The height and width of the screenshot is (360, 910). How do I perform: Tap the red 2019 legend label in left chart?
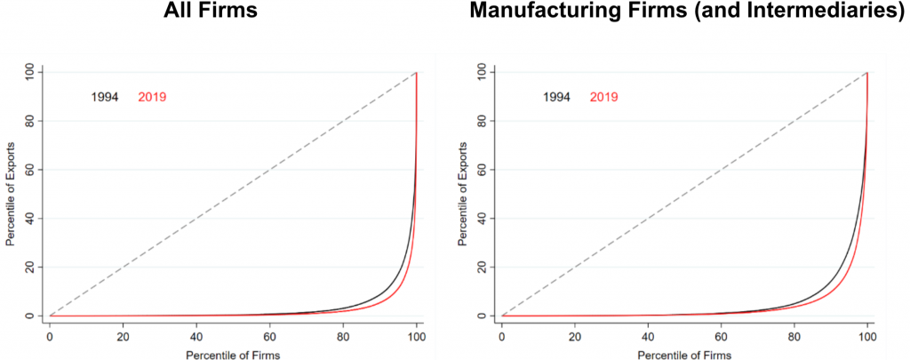152,97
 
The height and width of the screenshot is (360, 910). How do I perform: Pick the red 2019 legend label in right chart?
604,97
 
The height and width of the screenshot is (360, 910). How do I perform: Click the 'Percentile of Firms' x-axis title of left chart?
233,354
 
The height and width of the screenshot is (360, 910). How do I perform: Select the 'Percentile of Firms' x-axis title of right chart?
684,354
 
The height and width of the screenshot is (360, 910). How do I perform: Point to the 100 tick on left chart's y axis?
32,71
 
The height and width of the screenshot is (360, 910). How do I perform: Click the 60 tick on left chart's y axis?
32,169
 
